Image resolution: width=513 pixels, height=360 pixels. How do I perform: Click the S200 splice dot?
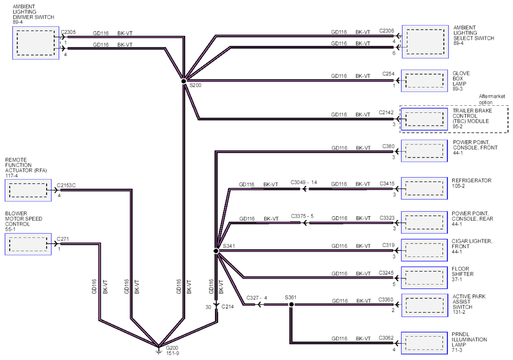pos(184,81)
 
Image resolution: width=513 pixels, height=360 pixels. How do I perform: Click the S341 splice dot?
pos(216,251)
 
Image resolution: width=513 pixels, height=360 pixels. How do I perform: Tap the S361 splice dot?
pos(291,304)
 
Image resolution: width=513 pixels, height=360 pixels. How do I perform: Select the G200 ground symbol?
pos(158,350)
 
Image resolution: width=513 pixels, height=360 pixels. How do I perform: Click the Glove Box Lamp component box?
pos(424,81)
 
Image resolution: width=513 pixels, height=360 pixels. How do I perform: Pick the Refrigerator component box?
pos(424,188)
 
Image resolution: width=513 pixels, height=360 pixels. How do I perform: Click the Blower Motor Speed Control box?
pos(28,244)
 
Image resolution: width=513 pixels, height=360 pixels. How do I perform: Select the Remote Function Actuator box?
pos(28,190)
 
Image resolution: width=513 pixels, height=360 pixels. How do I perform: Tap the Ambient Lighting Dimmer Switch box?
pos(35,43)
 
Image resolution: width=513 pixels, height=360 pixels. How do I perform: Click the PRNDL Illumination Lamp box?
pos(424,343)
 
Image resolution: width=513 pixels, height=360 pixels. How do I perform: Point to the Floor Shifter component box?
pos(424,278)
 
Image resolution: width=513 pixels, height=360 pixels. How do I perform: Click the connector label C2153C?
pos(66,185)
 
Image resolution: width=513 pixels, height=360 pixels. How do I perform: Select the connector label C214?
pos(228,307)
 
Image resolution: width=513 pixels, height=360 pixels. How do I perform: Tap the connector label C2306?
pos(386,31)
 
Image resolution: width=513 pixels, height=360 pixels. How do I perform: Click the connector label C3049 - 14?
pos(304,182)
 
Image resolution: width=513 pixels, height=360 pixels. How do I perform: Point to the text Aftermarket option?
pos(492,99)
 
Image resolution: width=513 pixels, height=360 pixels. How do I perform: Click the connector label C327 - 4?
pos(257,297)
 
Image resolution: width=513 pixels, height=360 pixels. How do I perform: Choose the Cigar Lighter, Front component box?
pos(424,250)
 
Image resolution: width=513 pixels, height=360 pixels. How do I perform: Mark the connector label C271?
pos(63,239)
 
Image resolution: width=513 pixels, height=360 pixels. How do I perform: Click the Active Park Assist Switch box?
pos(424,305)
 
